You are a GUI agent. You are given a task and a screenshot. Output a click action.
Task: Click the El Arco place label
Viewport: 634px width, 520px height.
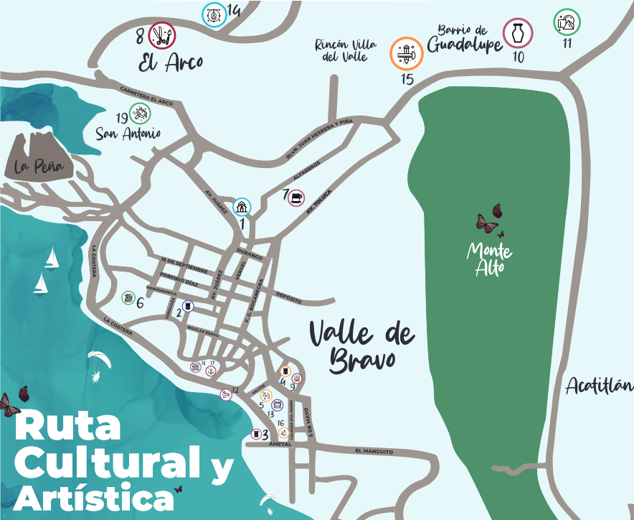click(171, 63)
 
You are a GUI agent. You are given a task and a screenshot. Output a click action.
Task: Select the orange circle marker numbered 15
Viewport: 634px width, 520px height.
click(407, 53)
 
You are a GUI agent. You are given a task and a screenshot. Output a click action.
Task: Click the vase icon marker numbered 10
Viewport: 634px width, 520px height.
click(518, 32)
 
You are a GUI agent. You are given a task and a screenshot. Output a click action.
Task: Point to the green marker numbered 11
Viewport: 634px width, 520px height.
click(567, 22)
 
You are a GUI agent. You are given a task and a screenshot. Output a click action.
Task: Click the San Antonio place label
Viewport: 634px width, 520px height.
click(128, 134)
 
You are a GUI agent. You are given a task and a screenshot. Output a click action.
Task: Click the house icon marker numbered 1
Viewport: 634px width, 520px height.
click(242, 207)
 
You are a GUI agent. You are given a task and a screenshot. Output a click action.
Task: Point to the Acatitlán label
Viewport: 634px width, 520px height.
click(599, 387)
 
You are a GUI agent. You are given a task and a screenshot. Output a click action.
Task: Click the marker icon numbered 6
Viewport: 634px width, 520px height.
click(128, 297)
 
